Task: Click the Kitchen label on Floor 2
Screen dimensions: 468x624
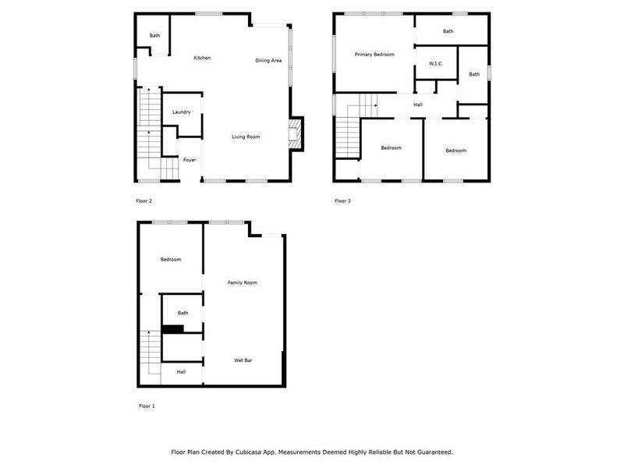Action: [202, 58]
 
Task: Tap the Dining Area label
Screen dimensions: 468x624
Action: [268, 60]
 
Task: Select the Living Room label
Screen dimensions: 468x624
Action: [246, 136]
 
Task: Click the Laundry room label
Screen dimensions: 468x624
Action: [182, 112]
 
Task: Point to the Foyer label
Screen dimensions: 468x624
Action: [190, 160]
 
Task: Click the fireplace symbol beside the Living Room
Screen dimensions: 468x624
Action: [295, 133]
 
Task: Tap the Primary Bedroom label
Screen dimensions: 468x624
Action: [374, 55]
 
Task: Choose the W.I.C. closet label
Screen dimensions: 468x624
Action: [436, 63]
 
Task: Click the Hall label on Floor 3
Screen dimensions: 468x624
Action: [418, 105]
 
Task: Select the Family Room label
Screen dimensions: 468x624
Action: [242, 282]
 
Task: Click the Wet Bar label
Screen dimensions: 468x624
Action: [243, 360]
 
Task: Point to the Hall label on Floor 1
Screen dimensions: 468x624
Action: [181, 372]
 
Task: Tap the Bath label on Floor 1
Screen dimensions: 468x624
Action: [183, 313]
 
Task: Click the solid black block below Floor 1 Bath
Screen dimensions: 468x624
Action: [172, 328]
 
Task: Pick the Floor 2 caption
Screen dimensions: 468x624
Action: [144, 201]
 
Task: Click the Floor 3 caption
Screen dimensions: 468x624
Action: [342, 201]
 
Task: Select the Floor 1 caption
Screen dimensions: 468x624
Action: [147, 406]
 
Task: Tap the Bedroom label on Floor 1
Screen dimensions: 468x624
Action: [171, 260]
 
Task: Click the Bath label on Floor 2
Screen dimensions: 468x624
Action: [155, 35]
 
